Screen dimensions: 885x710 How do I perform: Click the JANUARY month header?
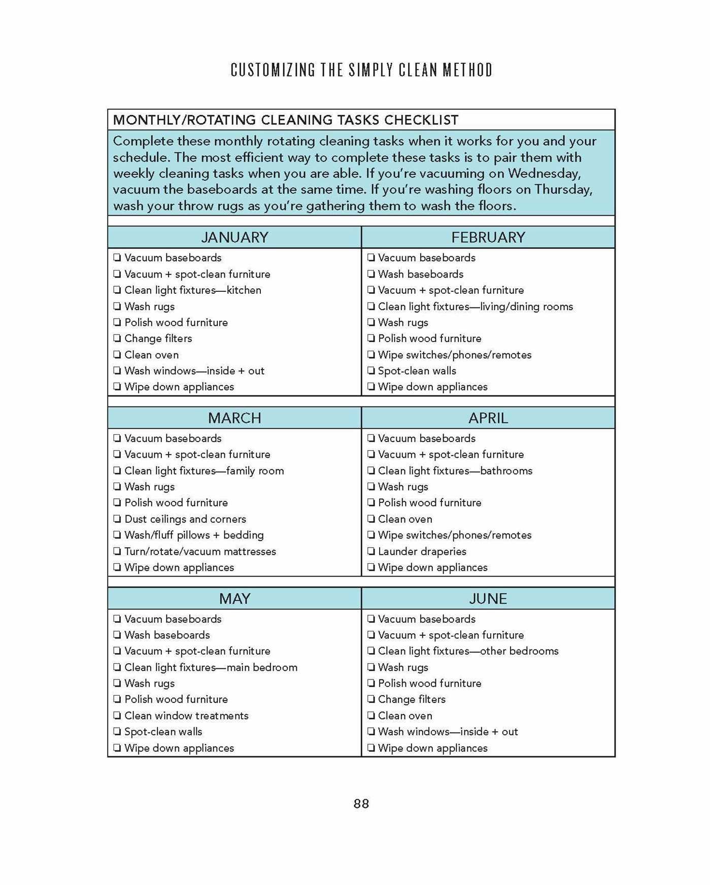(x=234, y=237)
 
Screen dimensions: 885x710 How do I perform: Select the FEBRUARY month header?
(x=488, y=237)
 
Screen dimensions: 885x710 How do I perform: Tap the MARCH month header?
(x=234, y=418)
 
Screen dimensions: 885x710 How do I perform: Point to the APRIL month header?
(x=488, y=418)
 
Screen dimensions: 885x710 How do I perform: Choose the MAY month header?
(x=234, y=599)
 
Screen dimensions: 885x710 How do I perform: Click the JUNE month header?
(x=488, y=599)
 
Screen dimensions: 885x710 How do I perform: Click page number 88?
(x=361, y=804)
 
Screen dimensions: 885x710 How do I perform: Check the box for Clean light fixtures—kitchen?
(x=117, y=290)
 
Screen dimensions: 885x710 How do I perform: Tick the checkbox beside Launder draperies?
(x=371, y=552)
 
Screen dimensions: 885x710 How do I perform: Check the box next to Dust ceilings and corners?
(x=117, y=519)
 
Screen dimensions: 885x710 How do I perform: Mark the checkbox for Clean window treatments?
(x=117, y=716)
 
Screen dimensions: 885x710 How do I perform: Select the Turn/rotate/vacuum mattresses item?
(x=200, y=552)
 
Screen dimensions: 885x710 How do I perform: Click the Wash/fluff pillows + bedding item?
(x=194, y=535)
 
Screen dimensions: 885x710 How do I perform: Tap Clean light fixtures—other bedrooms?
(x=468, y=651)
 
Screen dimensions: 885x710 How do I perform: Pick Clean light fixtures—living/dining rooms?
(x=475, y=307)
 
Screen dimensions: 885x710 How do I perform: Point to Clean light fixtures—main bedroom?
(x=211, y=667)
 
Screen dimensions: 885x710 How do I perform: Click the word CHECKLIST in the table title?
(x=421, y=120)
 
